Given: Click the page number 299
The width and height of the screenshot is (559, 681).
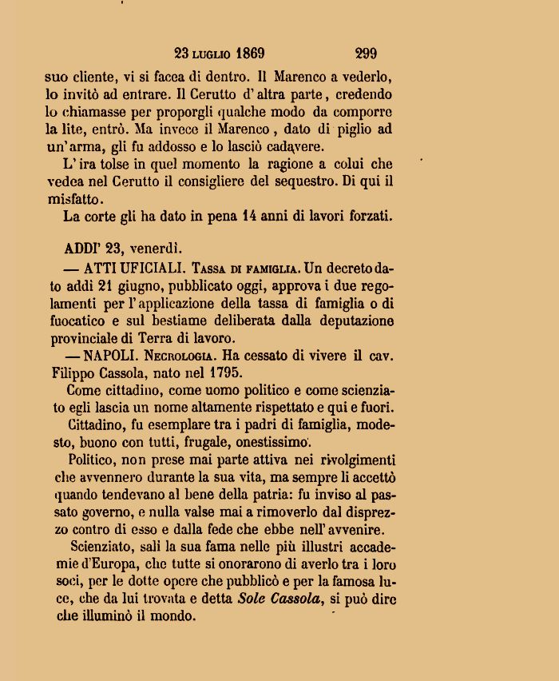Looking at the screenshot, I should (366, 54).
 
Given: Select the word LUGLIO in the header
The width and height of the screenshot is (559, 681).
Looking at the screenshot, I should (211, 54).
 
